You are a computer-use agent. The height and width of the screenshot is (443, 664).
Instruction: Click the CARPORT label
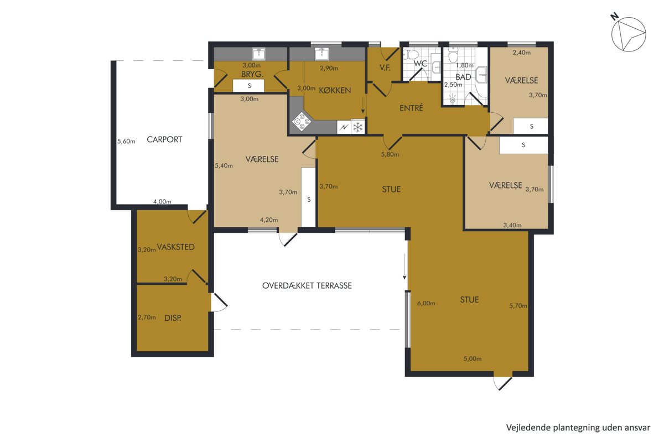pos(164,139)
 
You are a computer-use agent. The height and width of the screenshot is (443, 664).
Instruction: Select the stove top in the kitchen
pos(302,121)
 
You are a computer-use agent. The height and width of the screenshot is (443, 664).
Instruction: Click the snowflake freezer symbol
pos(358,127)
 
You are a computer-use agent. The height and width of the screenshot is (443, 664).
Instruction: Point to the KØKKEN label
pos(335,90)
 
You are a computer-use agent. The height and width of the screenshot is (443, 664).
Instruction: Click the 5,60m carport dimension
pos(126,142)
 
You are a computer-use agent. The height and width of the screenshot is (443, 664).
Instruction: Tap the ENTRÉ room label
pos(411,108)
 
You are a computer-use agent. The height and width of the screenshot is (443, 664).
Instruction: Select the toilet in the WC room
pos(411,55)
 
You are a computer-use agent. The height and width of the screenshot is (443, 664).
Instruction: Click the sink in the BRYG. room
pos(259,54)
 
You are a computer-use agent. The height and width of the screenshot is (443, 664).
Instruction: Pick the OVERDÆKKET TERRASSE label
pos(307,285)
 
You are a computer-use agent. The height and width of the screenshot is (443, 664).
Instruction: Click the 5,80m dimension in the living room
pos(390,154)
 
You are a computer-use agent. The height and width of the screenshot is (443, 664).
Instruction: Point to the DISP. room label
pos(173,318)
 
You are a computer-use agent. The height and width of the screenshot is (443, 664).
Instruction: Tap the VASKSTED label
pos(176,247)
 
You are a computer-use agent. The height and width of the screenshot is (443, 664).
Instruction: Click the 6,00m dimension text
pos(426,303)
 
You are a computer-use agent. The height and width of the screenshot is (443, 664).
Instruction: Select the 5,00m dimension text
pos(473,358)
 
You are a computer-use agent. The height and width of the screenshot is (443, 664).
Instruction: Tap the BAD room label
pos(463,77)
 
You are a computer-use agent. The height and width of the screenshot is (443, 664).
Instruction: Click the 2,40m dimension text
pos(522,53)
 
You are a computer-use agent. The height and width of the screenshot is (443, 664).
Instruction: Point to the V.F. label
pos(385,67)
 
